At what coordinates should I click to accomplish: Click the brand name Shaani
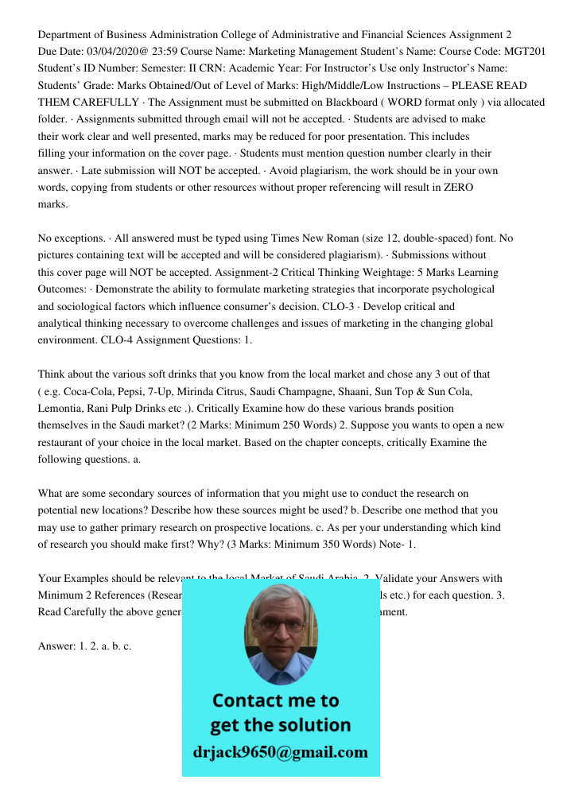pos(363,390)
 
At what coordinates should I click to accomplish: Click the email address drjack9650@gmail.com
pos(281,751)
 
